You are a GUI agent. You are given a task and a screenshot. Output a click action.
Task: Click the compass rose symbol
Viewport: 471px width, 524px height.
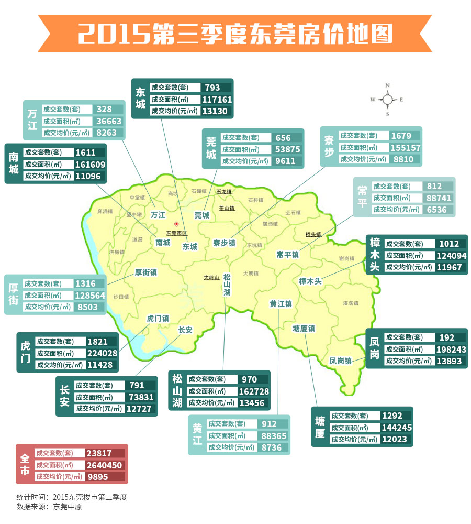tap(388, 99)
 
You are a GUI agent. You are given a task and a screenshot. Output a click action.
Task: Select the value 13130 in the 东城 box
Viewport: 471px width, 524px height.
tap(216, 111)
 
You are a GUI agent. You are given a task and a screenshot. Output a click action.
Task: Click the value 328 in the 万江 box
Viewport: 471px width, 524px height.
tap(105, 109)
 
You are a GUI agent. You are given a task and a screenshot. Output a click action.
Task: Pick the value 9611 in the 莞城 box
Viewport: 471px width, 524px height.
tap(286, 161)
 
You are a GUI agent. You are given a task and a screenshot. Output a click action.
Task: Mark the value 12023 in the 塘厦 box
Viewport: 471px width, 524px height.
tap(394, 439)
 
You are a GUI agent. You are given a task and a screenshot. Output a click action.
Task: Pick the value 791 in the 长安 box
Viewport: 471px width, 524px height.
tap(137, 386)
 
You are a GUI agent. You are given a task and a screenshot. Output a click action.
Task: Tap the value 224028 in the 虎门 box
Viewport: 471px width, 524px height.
tap(102, 353)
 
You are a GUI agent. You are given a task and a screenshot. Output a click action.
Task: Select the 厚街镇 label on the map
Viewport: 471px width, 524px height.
tap(145, 272)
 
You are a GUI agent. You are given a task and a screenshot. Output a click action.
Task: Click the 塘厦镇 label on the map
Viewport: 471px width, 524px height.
tap(304, 329)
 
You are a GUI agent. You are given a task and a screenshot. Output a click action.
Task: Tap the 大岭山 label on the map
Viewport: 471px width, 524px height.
tap(212, 277)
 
